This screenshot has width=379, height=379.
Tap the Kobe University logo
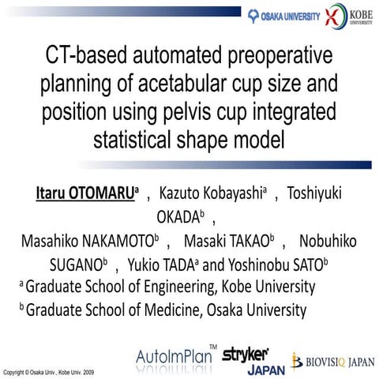click(x=348, y=16)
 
